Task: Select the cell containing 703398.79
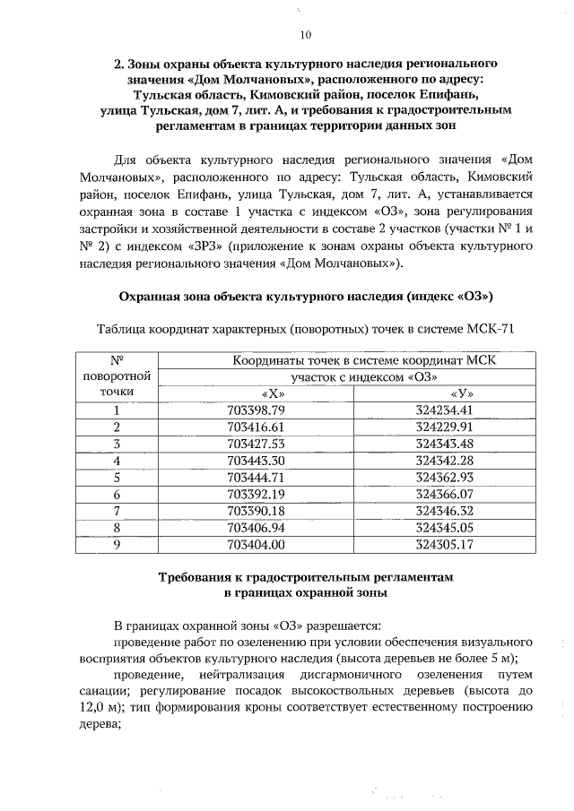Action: [268, 410]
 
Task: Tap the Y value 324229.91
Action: [457, 427]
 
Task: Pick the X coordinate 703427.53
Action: [268, 444]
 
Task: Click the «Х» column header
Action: [268, 393]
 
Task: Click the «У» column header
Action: [457, 393]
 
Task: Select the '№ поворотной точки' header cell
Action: [117, 376]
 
